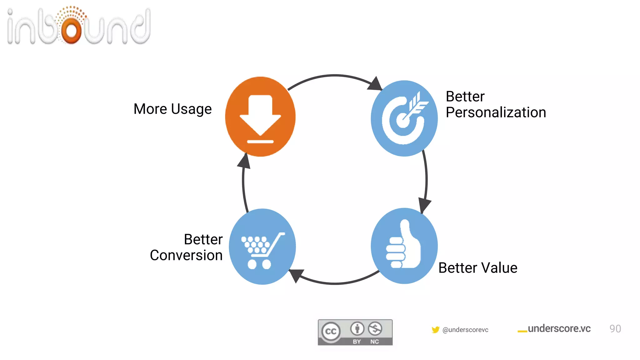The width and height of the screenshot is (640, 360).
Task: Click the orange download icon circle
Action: (x=260, y=117)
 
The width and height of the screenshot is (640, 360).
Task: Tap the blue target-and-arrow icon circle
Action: (x=404, y=118)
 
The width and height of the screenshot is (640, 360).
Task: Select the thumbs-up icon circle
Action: (x=404, y=246)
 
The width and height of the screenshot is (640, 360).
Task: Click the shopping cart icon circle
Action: (x=262, y=247)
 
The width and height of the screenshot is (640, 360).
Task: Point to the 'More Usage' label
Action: (x=172, y=109)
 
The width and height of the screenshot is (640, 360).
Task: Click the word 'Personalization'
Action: (x=496, y=112)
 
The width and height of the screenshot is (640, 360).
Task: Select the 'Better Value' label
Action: (x=477, y=268)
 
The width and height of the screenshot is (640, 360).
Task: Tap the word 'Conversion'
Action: (x=186, y=255)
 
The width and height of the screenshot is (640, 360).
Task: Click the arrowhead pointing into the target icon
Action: (x=375, y=84)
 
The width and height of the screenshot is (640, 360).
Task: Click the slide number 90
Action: (x=615, y=329)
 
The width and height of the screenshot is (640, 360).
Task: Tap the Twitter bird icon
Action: (x=435, y=330)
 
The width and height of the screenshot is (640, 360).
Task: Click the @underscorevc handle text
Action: (x=465, y=330)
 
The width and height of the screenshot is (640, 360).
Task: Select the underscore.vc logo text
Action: (x=558, y=329)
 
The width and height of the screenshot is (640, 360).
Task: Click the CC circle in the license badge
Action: (x=331, y=331)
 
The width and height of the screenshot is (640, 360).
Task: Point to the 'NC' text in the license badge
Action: (x=374, y=342)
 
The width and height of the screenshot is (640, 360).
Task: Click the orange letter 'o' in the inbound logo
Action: (x=72, y=30)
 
